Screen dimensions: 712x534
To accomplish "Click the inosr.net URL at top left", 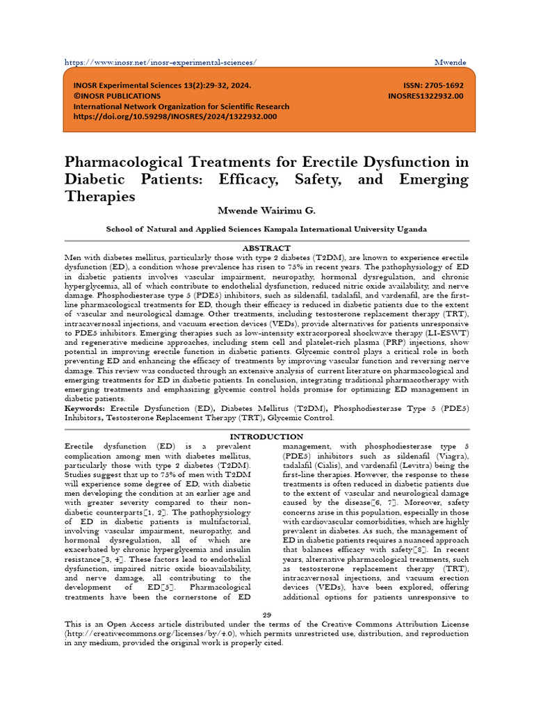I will click(x=160, y=62).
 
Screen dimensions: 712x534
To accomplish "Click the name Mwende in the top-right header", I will click(x=451, y=62).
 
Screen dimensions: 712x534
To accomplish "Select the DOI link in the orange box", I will click(x=175, y=117).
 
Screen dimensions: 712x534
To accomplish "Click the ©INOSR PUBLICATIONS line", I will click(x=117, y=96).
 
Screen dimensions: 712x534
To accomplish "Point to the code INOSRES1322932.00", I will click(x=425, y=96).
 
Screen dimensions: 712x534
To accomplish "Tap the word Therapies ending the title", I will click(x=99, y=196).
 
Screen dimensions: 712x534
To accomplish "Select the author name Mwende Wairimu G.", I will click(x=266, y=211).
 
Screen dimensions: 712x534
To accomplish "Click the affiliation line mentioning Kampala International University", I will click(x=266, y=228).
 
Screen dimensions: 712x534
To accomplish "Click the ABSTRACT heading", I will click(x=266, y=248).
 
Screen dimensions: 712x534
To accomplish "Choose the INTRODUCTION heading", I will click(x=266, y=436).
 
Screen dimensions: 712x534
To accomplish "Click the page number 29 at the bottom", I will click(x=266, y=613).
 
